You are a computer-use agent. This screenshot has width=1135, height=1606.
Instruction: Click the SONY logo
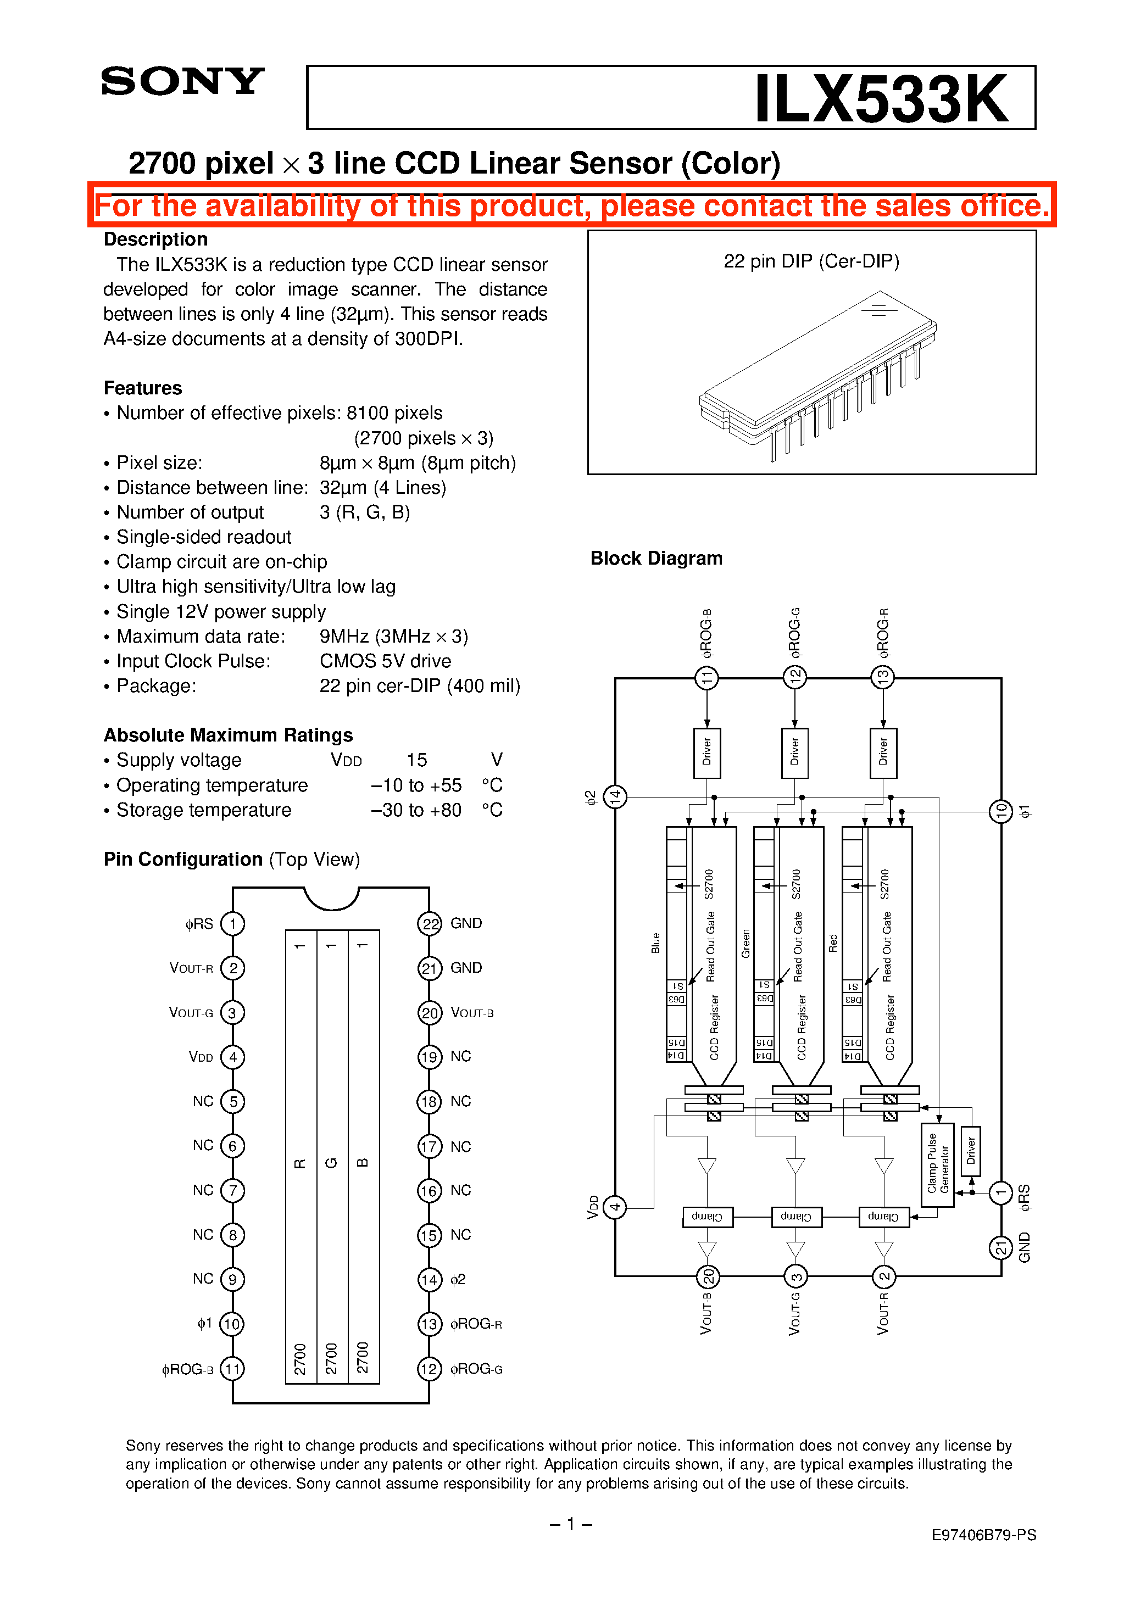pyautogui.click(x=182, y=81)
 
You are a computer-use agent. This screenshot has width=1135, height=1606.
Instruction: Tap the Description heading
pyautogui.click(x=155, y=239)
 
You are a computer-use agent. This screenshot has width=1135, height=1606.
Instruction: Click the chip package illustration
pyautogui.click(x=817, y=376)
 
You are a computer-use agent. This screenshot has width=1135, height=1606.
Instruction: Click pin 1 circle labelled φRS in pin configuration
pyautogui.click(x=232, y=923)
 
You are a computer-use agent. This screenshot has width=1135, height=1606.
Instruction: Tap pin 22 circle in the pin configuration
pyautogui.click(x=430, y=923)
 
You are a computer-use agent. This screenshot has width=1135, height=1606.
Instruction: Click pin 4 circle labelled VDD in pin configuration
pyautogui.click(x=232, y=1057)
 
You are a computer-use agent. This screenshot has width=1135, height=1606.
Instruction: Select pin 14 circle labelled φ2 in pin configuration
pyautogui.click(x=430, y=1279)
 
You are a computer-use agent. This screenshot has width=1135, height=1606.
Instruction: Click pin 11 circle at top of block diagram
pyautogui.click(x=706, y=676)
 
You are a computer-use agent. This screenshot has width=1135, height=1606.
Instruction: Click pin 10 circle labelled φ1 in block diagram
pyautogui.click(x=1000, y=811)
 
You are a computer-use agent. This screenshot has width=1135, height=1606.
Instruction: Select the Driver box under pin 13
pyautogui.click(x=883, y=752)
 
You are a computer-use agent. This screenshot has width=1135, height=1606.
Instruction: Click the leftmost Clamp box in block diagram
pyautogui.click(x=708, y=1217)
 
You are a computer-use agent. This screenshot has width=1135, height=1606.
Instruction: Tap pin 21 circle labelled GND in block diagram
pyautogui.click(x=1000, y=1248)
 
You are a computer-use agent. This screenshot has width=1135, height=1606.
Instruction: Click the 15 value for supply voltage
pyautogui.click(x=416, y=760)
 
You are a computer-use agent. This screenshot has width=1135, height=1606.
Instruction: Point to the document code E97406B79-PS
pyautogui.click(x=983, y=1535)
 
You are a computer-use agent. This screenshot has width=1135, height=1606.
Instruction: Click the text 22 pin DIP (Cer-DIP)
pyautogui.click(x=811, y=261)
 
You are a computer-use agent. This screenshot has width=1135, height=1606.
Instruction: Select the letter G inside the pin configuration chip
pyautogui.click(x=332, y=1163)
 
